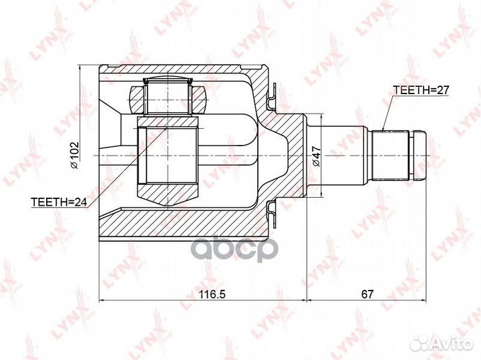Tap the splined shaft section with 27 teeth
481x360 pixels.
click(x=391, y=155)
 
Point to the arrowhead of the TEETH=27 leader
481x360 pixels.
click(x=383, y=128)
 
